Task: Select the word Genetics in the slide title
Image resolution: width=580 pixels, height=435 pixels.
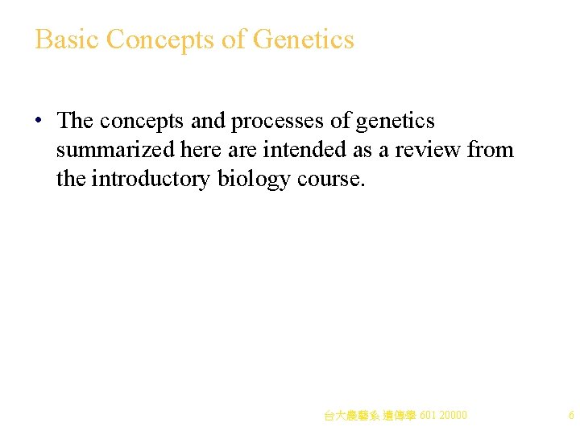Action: pos(304,39)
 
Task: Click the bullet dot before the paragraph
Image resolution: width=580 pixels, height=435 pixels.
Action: pos(38,122)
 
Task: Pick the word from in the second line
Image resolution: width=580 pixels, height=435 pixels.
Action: pos(490,150)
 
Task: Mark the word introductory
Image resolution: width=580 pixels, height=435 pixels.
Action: pos(151,179)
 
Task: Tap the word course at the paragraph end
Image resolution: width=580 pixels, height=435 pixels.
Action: pos(330,179)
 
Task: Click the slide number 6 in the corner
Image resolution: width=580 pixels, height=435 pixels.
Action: pos(571,416)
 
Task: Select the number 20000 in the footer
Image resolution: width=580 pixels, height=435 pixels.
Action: pos(453,416)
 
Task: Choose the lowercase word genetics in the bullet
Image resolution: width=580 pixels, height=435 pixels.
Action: pos(395,122)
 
